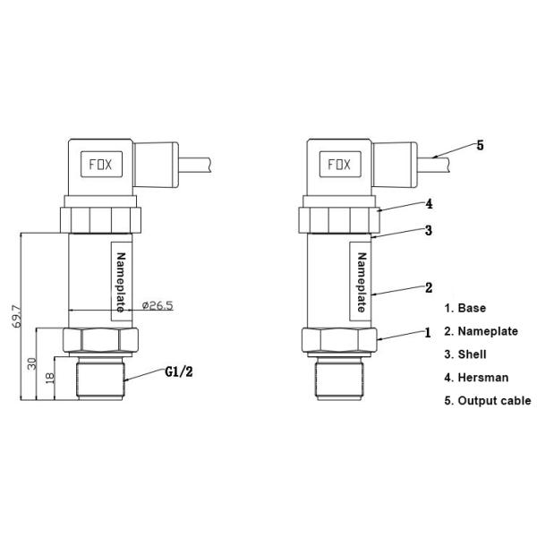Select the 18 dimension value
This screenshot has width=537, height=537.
[50, 379]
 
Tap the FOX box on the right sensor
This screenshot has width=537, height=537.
[338, 166]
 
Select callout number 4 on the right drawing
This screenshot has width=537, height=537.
[430, 203]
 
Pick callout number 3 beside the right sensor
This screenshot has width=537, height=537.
[430, 230]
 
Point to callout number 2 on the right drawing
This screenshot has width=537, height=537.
[430, 287]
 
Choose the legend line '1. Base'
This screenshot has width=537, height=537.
[465, 308]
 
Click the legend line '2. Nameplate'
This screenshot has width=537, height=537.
[482, 331]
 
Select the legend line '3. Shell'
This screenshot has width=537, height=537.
[466, 354]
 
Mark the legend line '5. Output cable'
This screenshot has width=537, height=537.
[488, 401]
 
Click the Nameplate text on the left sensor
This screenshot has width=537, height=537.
[124, 281]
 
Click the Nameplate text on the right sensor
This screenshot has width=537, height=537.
[362, 281]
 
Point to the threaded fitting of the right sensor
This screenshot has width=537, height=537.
[337, 380]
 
